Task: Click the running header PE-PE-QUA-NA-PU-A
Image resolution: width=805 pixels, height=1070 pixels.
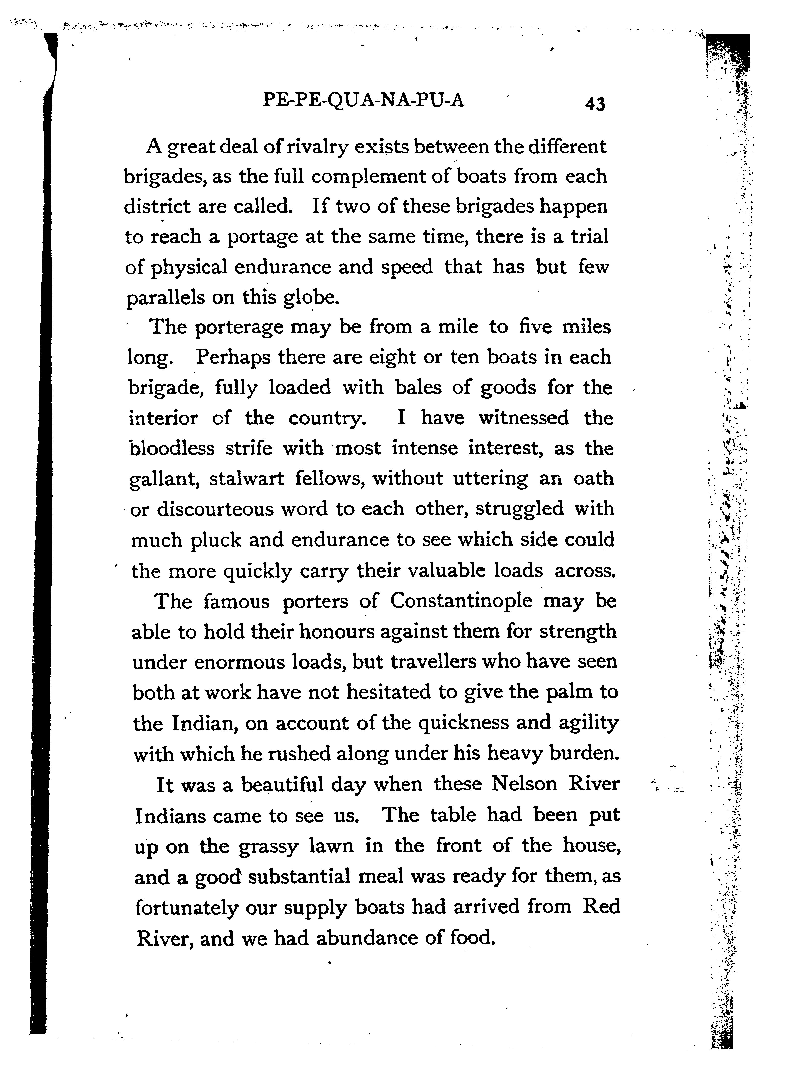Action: coord(363,100)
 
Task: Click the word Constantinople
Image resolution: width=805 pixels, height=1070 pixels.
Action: coord(461,601)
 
